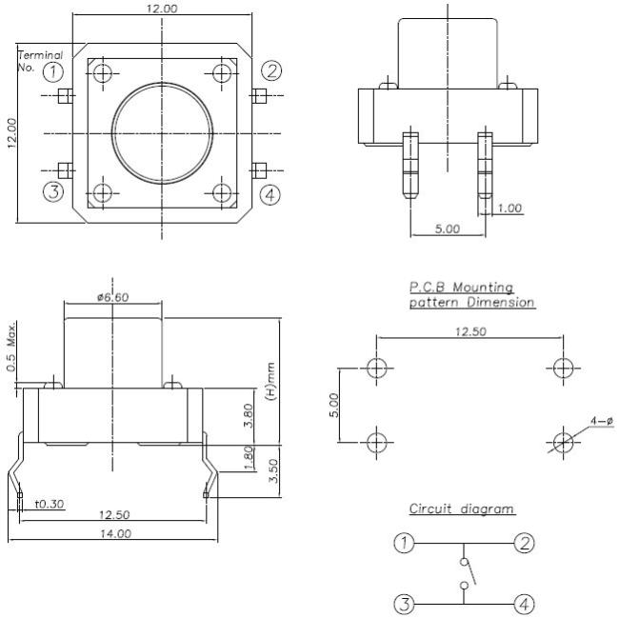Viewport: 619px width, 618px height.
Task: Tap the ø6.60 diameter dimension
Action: tap(113, 297)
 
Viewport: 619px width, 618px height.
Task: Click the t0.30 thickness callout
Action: tap(50, 504)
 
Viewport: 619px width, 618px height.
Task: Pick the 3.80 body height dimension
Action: tap(249, 415)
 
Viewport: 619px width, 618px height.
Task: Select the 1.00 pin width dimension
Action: tap(509, 208)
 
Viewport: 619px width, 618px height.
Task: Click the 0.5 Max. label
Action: tap(11, 347)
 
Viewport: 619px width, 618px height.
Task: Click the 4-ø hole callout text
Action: tap(602, 421)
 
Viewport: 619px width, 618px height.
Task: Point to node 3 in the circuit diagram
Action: tap(404, 604)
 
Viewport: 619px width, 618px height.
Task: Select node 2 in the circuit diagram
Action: tap(525, 544)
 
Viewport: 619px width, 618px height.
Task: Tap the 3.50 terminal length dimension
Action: tap(273, 470)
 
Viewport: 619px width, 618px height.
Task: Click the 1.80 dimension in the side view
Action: tap(249, 458)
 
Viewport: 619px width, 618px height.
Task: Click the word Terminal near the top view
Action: tap(40, 55)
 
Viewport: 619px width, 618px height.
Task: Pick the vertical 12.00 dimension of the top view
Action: tap(11, 133)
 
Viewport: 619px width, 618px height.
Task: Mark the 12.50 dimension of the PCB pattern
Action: tap(470, 331)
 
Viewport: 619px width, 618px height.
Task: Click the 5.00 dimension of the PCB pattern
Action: tap(334, 406)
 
